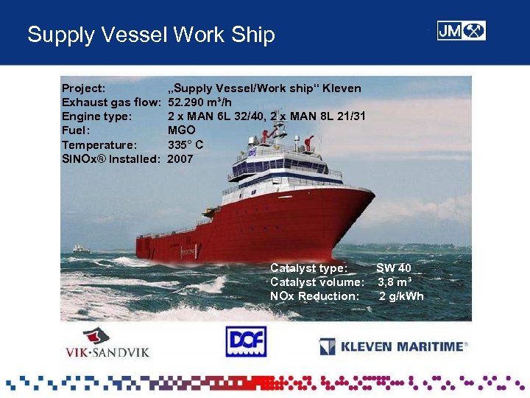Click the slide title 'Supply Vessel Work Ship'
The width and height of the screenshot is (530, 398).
pos(151,35)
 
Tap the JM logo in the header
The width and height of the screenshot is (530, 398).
pos(461,31)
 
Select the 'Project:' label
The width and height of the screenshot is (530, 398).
pos(83,88)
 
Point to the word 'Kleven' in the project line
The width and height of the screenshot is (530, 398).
pos(341,88)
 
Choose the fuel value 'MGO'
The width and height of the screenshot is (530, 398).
pos(182,130)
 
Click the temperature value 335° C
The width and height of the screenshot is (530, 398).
pos(185,144)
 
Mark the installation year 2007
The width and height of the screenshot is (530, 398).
pos(181,158)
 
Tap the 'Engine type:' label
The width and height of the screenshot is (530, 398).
pos(97,116)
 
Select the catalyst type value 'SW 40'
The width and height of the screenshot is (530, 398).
pos(394,268)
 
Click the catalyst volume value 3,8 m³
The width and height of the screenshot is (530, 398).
pos(395,282)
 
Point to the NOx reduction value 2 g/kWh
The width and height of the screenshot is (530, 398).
pos(402,296)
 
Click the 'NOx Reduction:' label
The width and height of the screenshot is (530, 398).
pos(314,296)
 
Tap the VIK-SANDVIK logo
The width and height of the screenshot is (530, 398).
pos(106,343)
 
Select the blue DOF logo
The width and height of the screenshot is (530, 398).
pos(245,342)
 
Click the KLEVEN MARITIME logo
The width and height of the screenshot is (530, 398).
pos(394,346)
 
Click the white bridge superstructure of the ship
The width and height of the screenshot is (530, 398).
pos(283,166)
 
